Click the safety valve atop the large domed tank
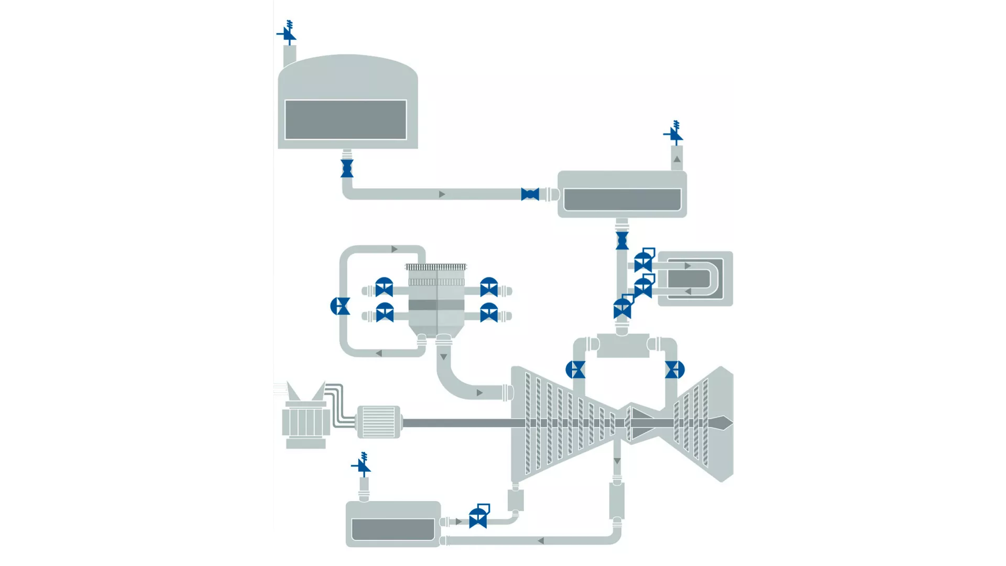[288, 34]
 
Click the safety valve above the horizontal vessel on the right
[674, 134]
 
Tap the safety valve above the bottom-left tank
[362, 465]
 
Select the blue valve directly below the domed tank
[347, 169]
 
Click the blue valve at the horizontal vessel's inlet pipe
[530, 194]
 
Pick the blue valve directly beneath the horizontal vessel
[622, 241]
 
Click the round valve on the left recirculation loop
[341, 306]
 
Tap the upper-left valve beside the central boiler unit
[384, 287]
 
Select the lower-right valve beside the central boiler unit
[489, 313]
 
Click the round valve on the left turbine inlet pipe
[575, 369]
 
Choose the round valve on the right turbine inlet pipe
[674, 369]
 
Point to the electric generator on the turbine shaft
[378, 422]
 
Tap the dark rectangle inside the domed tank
[345, 120]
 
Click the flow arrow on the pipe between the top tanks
[442, 194]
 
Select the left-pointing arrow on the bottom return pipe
[540, 540]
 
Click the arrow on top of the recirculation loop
[394, 249]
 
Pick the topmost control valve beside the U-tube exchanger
[643, 261]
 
